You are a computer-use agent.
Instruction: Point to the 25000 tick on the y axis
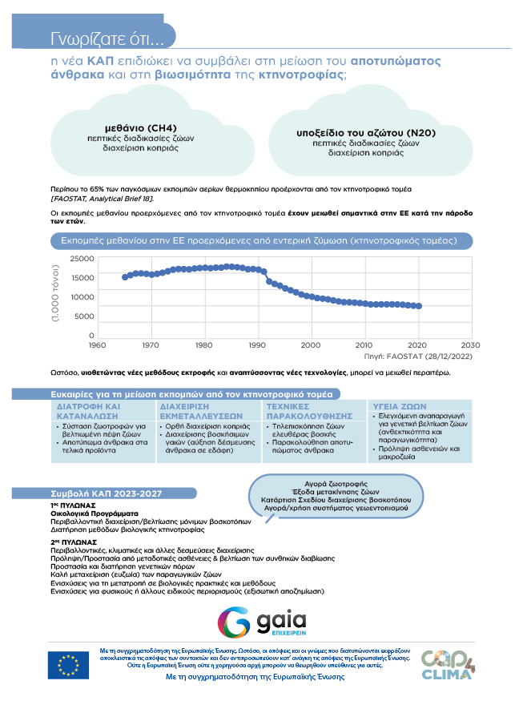(x=82, y=259)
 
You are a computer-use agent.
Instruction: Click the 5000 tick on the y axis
(x=84, y=316)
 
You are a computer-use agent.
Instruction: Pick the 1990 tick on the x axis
(x=257, y=344)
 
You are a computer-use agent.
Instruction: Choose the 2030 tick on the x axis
(x=471, y=344)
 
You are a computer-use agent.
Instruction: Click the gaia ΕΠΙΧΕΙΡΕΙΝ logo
(x=263, y=622)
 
